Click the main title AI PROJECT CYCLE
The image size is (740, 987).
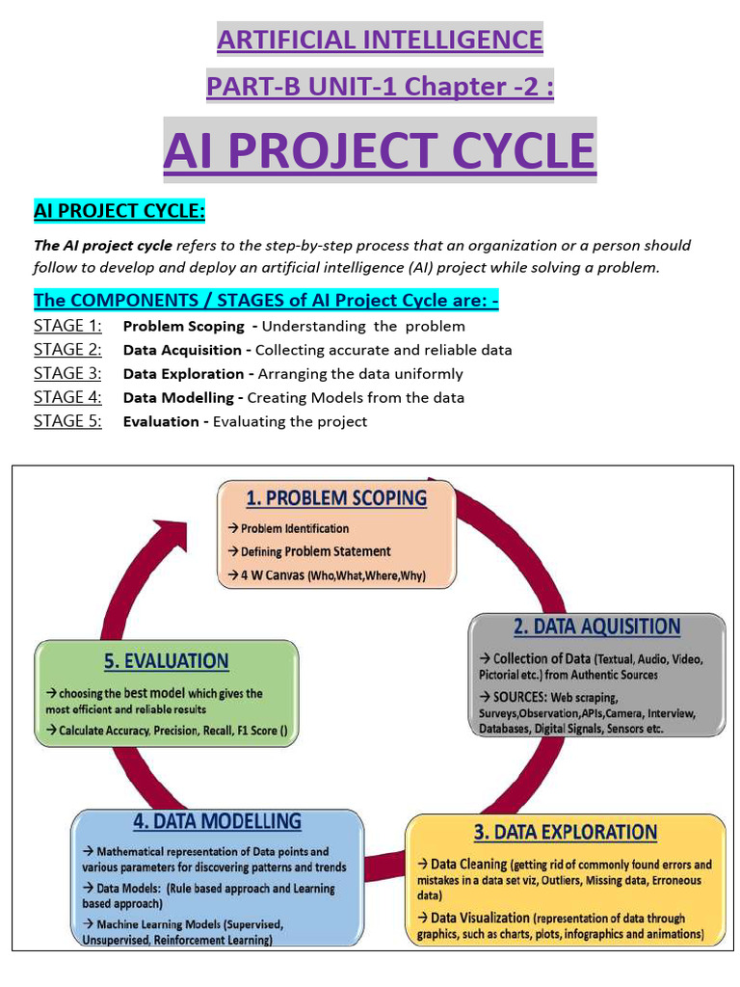pyautogui.click(x=380, y=150)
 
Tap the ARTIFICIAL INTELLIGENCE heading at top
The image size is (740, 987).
pyautogui.click(x=380, y=40)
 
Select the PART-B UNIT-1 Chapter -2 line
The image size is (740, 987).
pyautogui.click(x=380, y=87)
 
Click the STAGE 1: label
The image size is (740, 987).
pyautogui.click(x=67, y=326)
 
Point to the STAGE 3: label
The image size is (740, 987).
pyautogui.click(x=67, y=373)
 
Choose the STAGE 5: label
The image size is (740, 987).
pyautogui.click(x=67, y=420)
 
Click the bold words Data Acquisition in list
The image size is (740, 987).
pyautogui.click(x=182, y=350)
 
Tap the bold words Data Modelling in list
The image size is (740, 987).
pyautogui.click(x=178, y=397)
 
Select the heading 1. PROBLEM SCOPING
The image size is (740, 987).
pyautogui.click(x=336, y=497)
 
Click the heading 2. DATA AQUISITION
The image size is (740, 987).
pyautogui.click(x=596, y=627)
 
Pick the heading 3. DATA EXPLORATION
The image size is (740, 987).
pyautogui.click(x=565, y=831)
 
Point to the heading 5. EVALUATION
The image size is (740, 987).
pyautogui.click(x=166, y=661)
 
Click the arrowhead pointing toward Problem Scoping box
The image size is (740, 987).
pyautogui.click(x=173, y=532)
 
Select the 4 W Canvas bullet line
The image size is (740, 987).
pyautogui.click(x=327, y=575)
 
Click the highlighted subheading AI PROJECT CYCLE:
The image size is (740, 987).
pyautogui.click(x=119, y=210)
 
